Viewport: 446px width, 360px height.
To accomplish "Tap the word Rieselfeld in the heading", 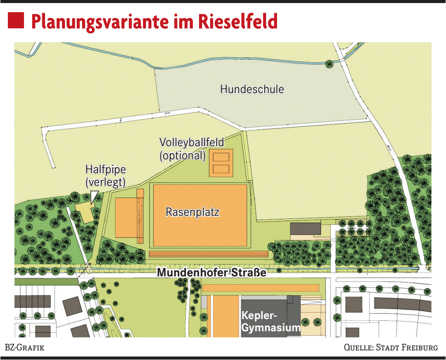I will (x=238, y=21).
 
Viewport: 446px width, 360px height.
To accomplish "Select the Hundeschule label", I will (x=252, y=90).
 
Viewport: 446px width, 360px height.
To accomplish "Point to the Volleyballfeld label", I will (x=192, y=142).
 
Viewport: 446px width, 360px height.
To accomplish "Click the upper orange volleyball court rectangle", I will (x=221, y=157).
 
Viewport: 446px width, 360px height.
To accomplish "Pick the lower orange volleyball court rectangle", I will (x=221, y=168).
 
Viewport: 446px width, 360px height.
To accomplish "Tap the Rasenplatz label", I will (x=193, y=212).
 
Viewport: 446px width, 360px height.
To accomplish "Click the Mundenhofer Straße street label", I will (x=211, y=273).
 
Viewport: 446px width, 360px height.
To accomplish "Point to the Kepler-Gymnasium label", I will (x=270, y=321).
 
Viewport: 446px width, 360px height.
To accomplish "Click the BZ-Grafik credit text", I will (x=24, y=347).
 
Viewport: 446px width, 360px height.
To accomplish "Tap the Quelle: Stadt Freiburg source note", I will (x=391, y=347).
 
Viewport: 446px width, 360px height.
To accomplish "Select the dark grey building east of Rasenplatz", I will (x=305, y=228).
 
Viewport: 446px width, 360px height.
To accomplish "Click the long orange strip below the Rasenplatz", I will (x=208, y=254).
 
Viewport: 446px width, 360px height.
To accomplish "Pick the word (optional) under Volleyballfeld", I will (x=182, y=155).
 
